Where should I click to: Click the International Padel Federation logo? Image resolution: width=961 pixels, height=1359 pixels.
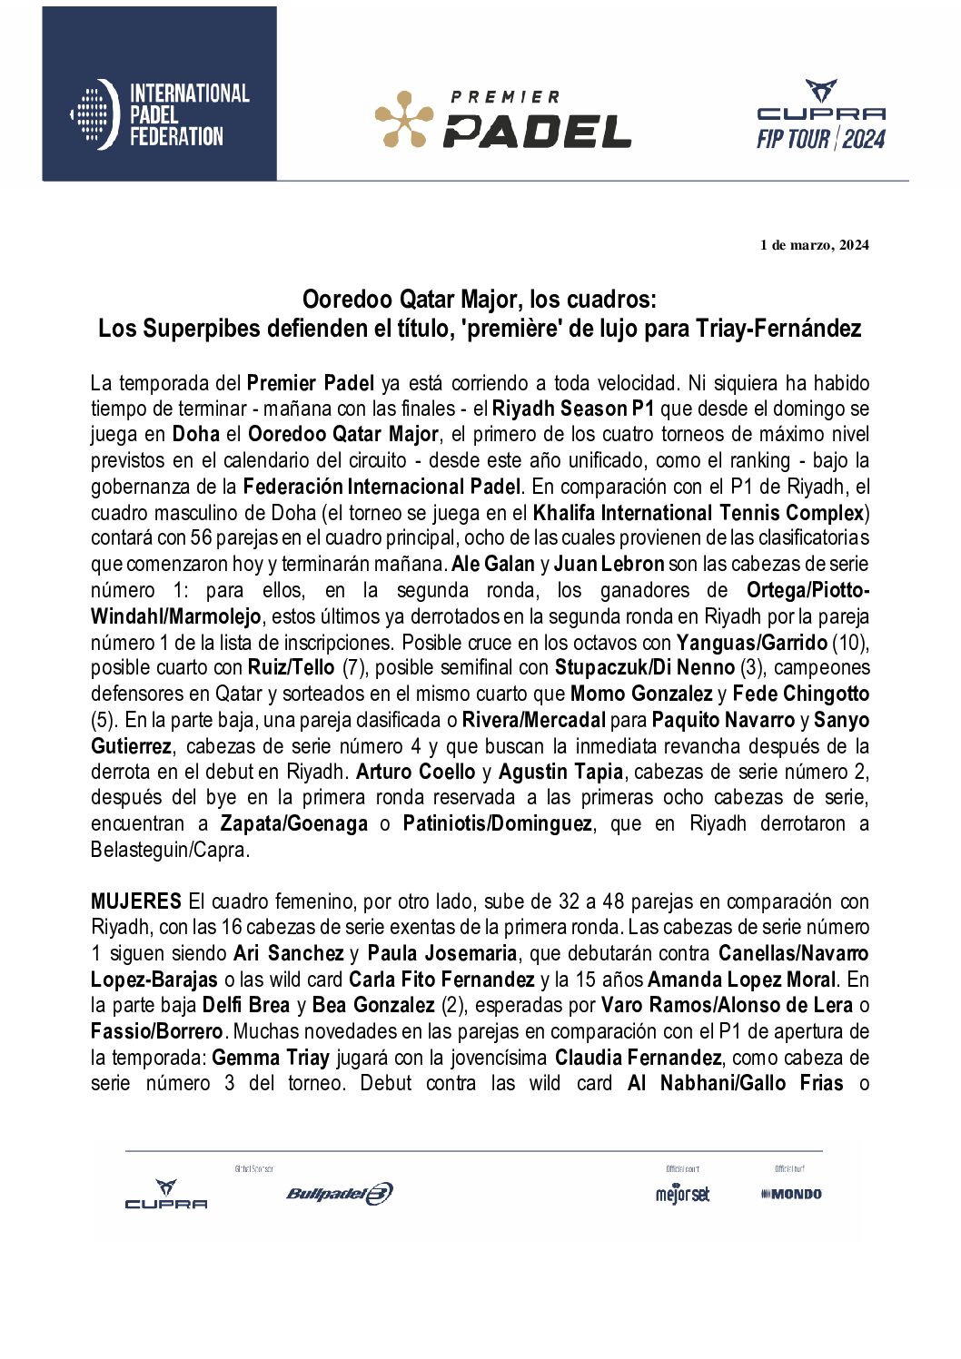click(x=160, y=114)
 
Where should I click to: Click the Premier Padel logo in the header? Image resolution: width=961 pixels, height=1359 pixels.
click(x=502, y=119)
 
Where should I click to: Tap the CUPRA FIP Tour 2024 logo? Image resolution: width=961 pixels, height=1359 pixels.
click(x=821, y=116)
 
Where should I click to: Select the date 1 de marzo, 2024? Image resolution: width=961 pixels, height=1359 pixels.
click(x=814, y=245)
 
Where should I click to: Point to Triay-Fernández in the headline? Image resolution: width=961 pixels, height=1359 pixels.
click(x=778, y=329)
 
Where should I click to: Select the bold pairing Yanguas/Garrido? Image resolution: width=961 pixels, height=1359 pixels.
click(x=751, y=643)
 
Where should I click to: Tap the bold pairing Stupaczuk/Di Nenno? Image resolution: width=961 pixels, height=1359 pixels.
click(x=644, y=668)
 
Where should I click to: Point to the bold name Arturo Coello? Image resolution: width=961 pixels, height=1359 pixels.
click(x=415, y=773)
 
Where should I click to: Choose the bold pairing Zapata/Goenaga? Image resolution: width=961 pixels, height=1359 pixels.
click(x=293, y=824)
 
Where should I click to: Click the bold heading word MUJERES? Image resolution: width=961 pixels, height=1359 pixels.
click(x=135, y=902)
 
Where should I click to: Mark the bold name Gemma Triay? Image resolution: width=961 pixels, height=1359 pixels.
click(x=271, y=1059)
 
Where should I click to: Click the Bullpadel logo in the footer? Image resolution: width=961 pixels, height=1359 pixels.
click(x=339, y=1194)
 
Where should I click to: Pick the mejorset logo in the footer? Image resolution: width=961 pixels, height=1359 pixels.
click(x=682, y=1195)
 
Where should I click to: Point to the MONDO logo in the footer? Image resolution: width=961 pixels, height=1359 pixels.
click(x=791, y=1195)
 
